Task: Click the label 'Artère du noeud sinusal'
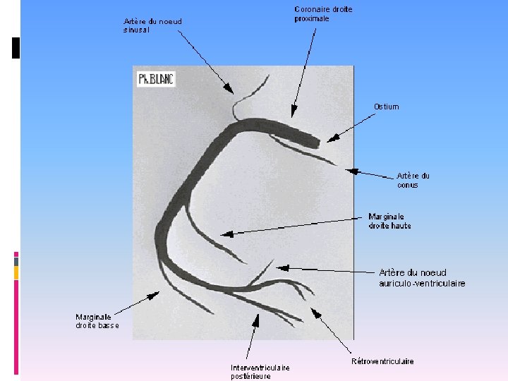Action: coord(152,25)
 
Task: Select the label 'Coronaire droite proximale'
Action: coord(323,14)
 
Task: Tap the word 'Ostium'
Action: coord(386,107)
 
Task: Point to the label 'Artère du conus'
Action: coord(413,180)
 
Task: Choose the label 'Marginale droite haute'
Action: coord(389,221)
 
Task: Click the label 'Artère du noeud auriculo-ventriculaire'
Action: coord(422,278)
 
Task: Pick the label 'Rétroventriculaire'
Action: coord(382,361)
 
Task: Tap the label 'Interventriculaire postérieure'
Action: coord(260,371)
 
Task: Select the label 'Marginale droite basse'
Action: coord(97,321)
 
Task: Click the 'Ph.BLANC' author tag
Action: coord(155,79)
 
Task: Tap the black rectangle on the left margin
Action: coord(16,47)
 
